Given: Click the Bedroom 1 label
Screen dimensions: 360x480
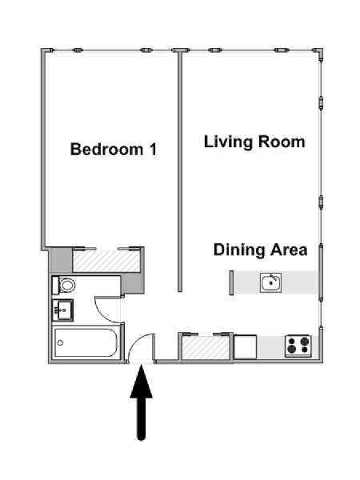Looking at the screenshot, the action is (x=114, y=150).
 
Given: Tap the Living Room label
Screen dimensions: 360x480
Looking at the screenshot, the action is (x=254, y=142).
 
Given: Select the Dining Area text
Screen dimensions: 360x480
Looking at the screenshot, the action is (x=260, y=250).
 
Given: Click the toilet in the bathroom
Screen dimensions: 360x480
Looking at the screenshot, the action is (x=64, y=286).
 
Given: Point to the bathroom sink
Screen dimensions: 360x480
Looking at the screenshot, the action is (x=62, y=310).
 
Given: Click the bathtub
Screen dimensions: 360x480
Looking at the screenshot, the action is (x=86, y=342).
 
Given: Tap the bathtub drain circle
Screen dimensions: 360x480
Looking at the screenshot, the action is (x=60, y=343).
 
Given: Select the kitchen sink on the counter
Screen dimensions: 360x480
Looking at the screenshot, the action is (x=270, y=282).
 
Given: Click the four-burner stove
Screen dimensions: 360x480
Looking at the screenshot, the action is (x=298, y=346).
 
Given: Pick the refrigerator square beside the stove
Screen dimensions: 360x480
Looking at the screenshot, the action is (x=246, y=346).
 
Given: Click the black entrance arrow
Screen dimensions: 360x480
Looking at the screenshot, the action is (x=141, y=403).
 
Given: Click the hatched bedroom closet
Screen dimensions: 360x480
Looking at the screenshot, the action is (x=106, y=261).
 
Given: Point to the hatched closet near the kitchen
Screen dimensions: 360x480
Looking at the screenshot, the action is (x=206, y=347).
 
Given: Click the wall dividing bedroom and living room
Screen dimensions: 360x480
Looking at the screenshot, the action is (x=180, y=171).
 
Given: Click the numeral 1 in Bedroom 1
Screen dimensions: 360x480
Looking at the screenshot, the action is (x=153, y=150).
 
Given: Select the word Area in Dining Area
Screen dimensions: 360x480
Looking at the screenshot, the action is (x=288, y=250).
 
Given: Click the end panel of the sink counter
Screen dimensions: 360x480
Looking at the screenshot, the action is (x=231, y=283).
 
